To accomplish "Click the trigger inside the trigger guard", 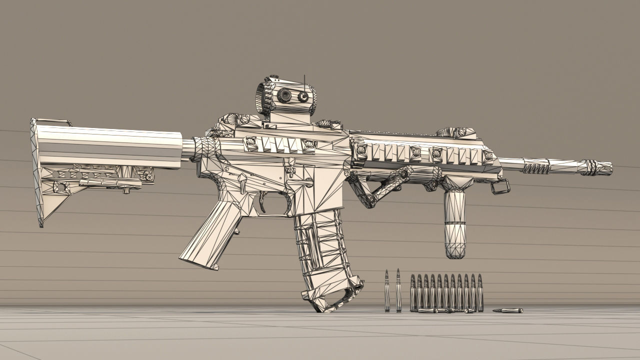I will (x=263, y=201).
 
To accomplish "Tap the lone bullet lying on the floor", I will (x=507, y=310).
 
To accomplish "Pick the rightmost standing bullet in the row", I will (x=480, y=292).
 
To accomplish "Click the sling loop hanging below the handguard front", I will (x=501, y=187).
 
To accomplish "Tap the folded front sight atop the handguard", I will (x=456, y=132).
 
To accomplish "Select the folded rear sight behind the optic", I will (x=235, y=120).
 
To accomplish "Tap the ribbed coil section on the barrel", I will (x=536, y=167).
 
